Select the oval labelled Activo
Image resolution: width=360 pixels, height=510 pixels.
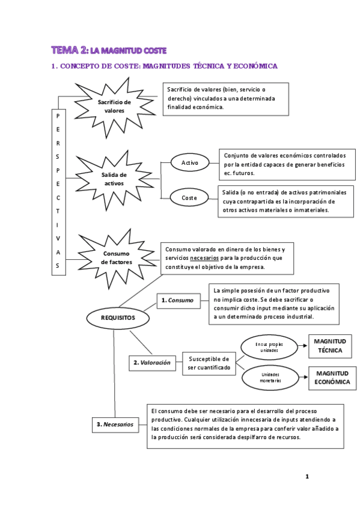(x=189, y=162)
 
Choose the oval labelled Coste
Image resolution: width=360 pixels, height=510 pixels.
(x=189, y=197)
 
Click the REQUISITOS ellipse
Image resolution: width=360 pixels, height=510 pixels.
(x=118, y=317)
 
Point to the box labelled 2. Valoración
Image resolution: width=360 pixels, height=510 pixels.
(x=151, y=363)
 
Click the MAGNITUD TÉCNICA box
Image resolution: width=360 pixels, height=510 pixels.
(x=329, y=345)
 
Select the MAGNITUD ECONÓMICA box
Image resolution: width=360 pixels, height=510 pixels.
(x=329, y=378)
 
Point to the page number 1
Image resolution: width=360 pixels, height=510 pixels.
(x=307, y=477)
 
